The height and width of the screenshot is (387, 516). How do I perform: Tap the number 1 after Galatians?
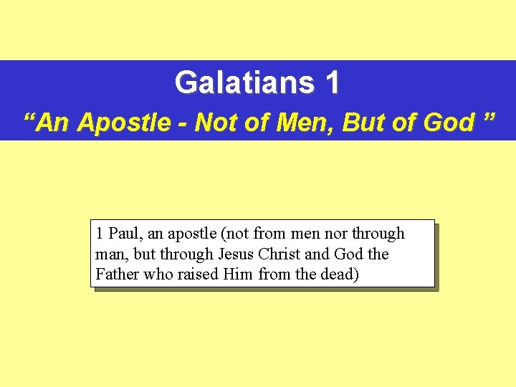pos(332,83)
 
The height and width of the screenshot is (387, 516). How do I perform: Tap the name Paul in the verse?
pos(124,234)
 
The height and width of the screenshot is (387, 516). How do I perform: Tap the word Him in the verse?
pos(237,274)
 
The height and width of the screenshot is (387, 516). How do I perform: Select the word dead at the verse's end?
pos(340,274)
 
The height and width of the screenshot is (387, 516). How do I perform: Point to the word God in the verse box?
pos(350,254)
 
